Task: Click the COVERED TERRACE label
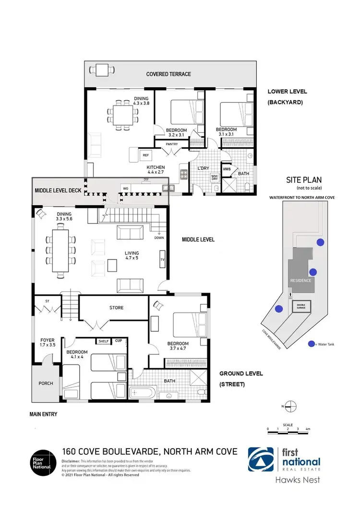tap(168, 74)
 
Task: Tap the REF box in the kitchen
tap(145, 155)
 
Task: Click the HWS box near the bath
tap(226, 168)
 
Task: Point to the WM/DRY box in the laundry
tap(214, 178)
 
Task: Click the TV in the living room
tap(162, 260)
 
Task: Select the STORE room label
tap(116, 308)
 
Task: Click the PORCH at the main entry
tap(46, 383)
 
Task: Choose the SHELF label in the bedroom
tap(103, 341)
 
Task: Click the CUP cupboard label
tap(118, 341)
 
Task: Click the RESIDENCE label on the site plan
tap(300, 281)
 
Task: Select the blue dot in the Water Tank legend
tap(312, 343)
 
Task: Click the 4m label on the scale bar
tap(308, 428)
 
